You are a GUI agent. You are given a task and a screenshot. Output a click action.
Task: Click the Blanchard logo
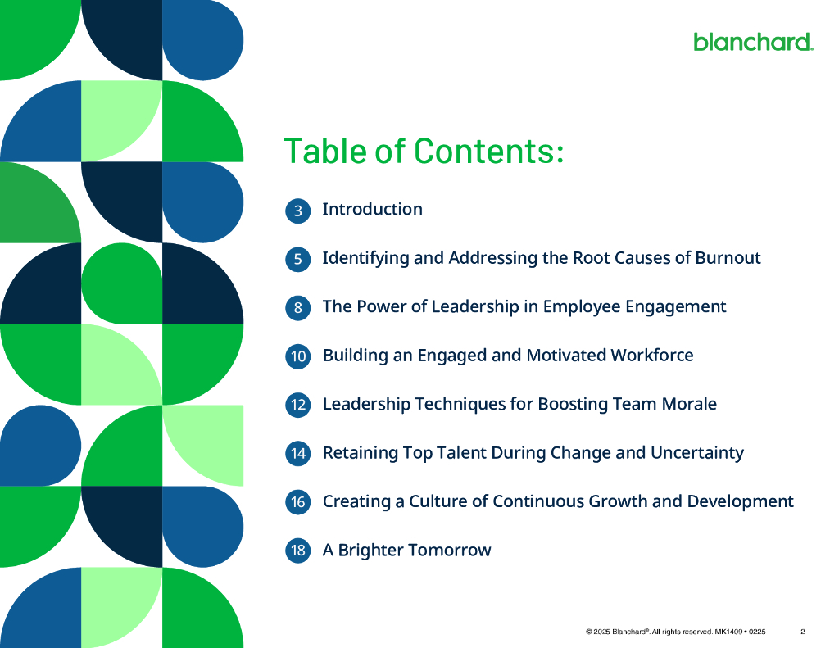(x=753, y=41)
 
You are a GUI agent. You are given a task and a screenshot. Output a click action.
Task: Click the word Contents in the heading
(x=488, y=152)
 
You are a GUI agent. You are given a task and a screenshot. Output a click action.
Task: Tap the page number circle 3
(x=298, y=211)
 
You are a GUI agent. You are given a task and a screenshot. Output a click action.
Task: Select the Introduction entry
(x=372, y=209)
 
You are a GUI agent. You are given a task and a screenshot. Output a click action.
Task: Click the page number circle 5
(x=298, y=260)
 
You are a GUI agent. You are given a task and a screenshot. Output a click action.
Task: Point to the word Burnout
(x=728, y=258)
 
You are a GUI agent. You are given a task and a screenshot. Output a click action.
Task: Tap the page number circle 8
(x=298, y=308)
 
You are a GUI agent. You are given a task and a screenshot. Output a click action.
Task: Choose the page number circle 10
(x=298, y=356)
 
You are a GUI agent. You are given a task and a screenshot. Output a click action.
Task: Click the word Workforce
(x=652, y=355)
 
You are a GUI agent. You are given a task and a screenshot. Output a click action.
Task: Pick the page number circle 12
(x=298, y=405)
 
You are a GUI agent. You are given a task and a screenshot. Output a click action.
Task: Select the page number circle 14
(x=298, y=453)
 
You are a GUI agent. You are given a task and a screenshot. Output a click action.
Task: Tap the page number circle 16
(x=298, y=502)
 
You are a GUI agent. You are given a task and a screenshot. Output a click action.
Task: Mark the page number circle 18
(x=298, y=551)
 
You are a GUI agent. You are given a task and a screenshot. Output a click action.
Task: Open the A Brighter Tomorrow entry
(x=406, y=550)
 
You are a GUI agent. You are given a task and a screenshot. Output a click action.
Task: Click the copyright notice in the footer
(x=675, y=632)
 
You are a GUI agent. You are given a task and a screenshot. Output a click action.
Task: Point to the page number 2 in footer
(x=803, y=632)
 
